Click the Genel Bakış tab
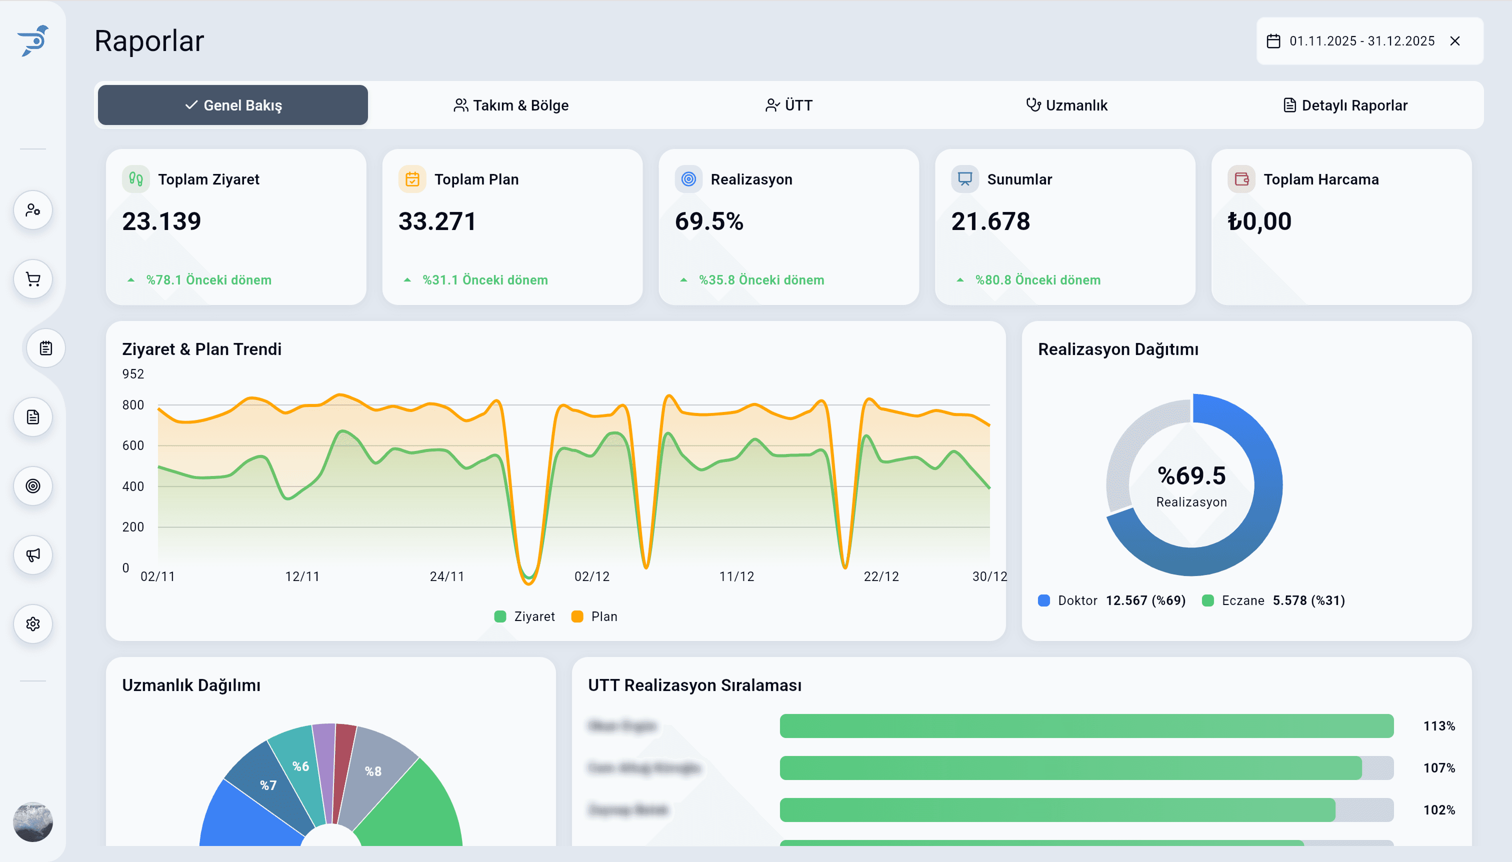click(232, 105)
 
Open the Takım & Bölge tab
click(511, 105)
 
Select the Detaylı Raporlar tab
click(1345, 105)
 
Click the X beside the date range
click(1454, 41)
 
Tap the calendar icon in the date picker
click(1273, 41)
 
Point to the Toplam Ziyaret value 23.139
click(161, 221)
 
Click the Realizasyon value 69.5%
click(708, 221)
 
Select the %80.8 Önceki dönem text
click(1037, 280)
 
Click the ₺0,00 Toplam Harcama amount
click(1259, 221)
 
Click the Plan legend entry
click(595, 616)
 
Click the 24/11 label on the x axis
click(447, 576)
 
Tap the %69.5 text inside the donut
click(1191, 476)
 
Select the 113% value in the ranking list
click(1438, 726)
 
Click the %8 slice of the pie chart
click(373, 771)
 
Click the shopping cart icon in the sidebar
click(33, 279)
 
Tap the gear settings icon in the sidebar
click(33, 624)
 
